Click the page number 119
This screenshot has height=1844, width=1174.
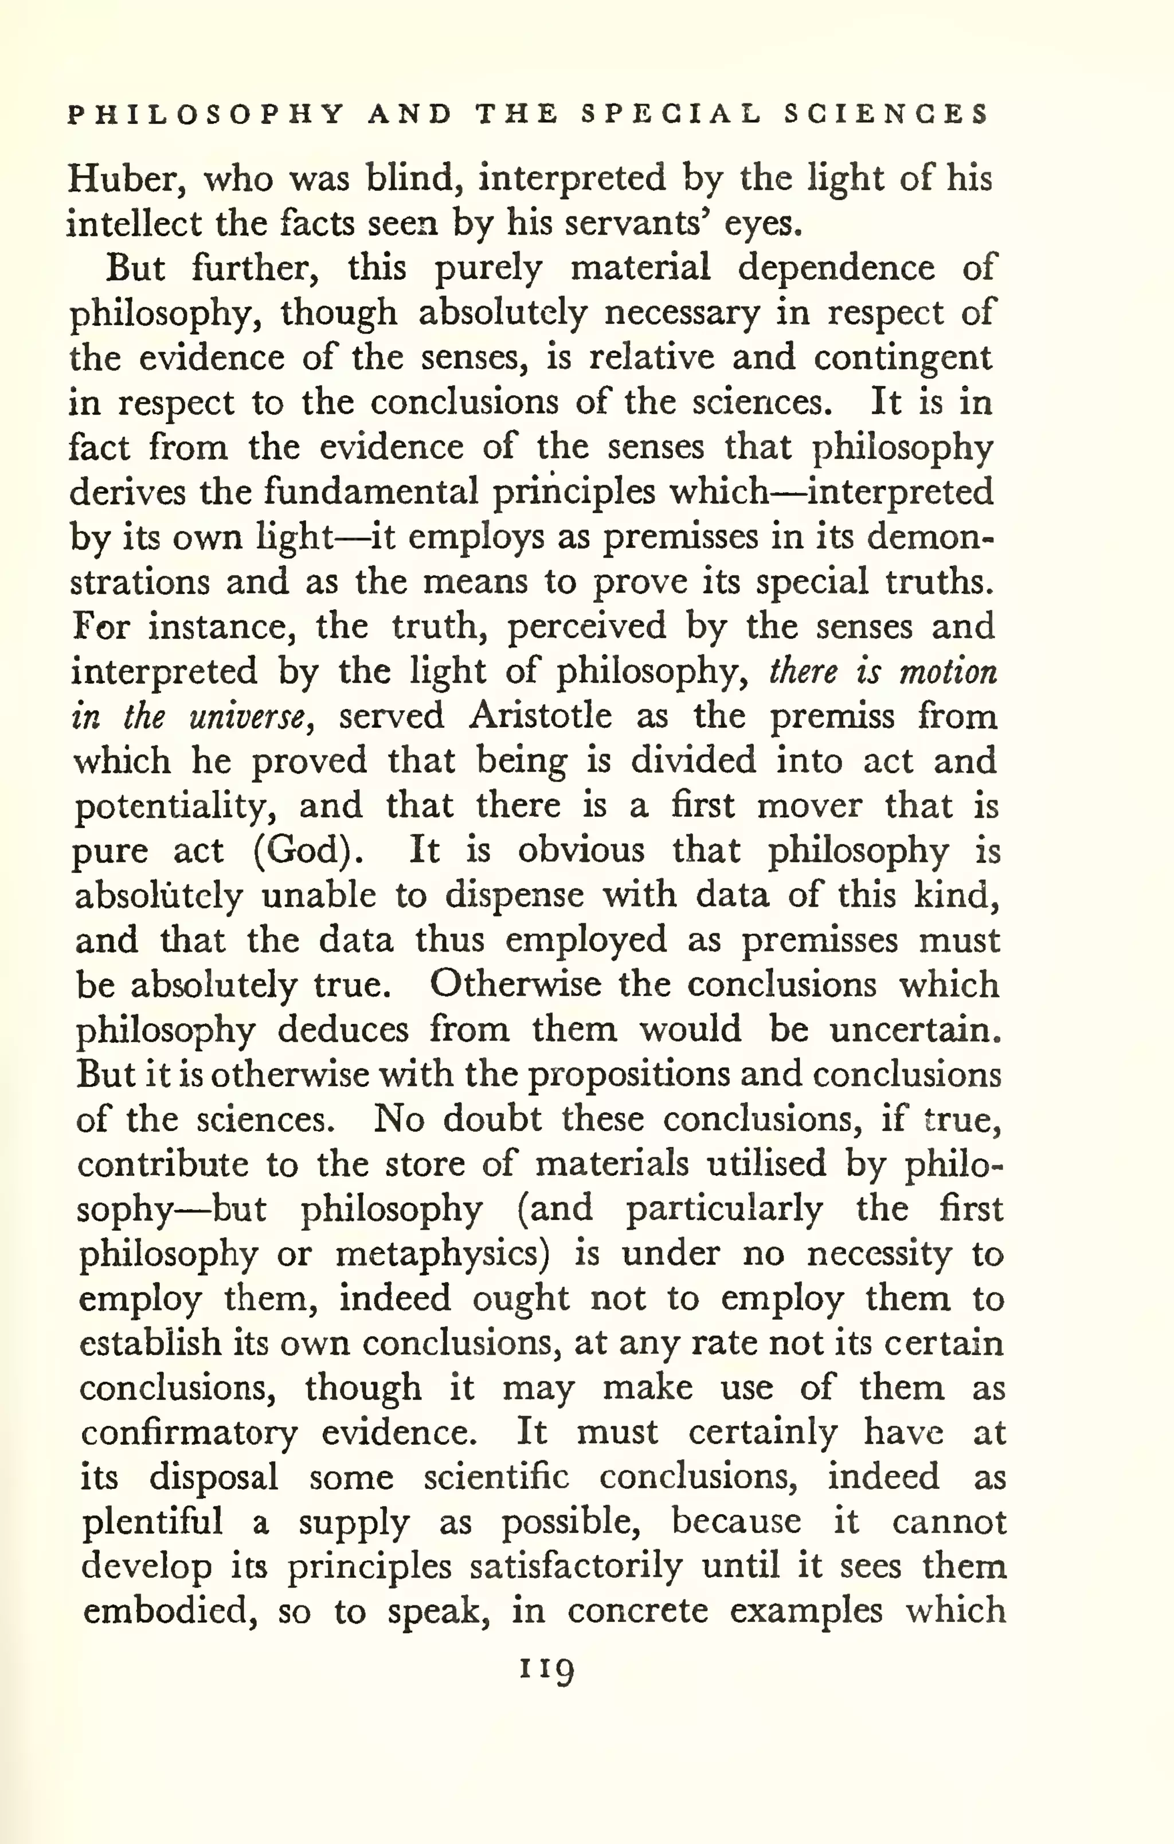click(546, 1667)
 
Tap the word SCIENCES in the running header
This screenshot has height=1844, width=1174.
click(886, 115)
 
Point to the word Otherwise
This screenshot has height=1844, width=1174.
click(514, 985)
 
